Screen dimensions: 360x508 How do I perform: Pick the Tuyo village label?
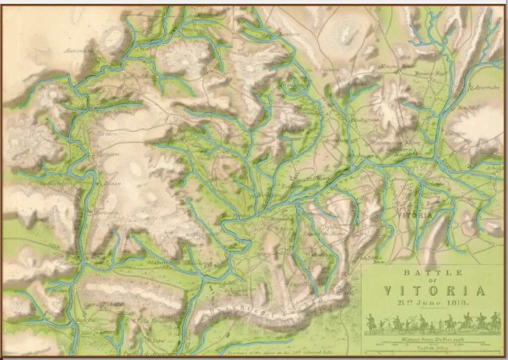144,342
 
